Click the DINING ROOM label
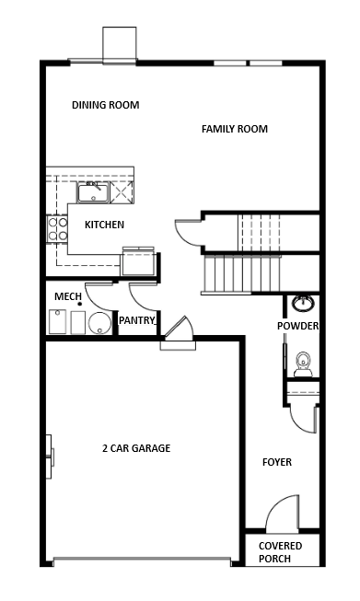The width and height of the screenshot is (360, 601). point(106,105)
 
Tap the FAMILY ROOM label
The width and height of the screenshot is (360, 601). point(235,129)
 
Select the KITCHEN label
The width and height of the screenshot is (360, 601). point(104,225)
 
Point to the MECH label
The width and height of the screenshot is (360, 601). point(68,296)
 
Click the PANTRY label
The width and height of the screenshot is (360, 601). point(137,320)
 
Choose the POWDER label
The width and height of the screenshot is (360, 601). point(298,326)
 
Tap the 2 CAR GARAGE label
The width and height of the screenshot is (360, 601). point(136,448)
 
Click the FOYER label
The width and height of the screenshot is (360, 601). point(277,462)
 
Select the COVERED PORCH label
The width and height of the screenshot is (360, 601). point(280,552)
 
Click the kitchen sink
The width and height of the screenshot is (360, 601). point(93,192)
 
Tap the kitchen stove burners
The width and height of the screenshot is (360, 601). point(57,229)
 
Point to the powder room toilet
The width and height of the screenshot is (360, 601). point(303,364)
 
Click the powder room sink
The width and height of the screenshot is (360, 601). point(304,303)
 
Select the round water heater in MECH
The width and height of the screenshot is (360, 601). point(99,323)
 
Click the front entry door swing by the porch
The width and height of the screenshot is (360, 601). point(282,514)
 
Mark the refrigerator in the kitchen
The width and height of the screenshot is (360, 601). point(138,262)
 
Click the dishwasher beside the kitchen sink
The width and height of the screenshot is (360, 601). point(122,192)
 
